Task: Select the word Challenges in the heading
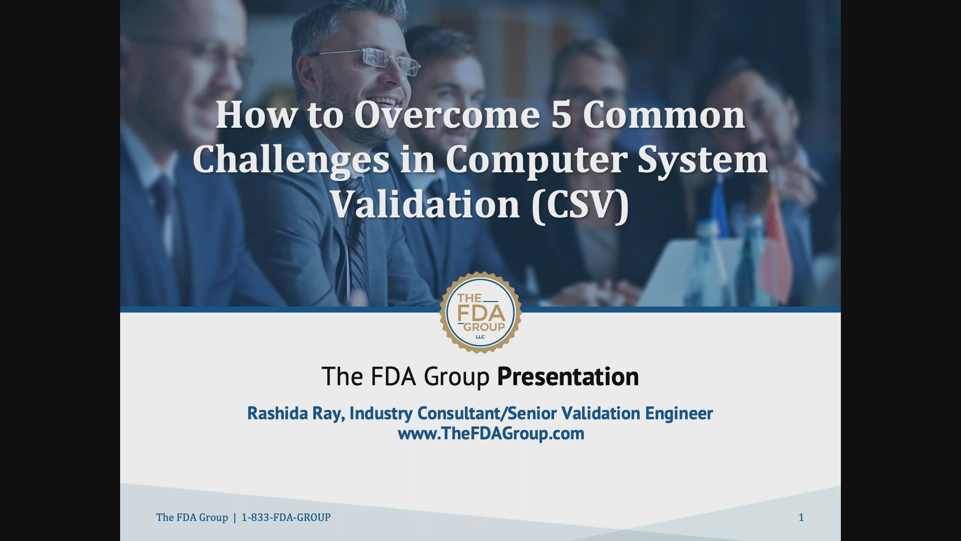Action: tap(291, 160)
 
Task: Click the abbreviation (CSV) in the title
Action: tap(580, 205)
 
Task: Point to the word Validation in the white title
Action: tap(426, 205)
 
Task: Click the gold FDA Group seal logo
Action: tap(480, 313)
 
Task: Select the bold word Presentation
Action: tap(568, 377)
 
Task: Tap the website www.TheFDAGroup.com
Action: tap(491, 433)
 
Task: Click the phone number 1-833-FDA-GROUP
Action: tap(286, 517)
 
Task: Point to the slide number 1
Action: tap(801, 517)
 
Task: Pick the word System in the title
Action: tap(703, 160)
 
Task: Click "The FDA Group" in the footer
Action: tap(192, 517)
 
